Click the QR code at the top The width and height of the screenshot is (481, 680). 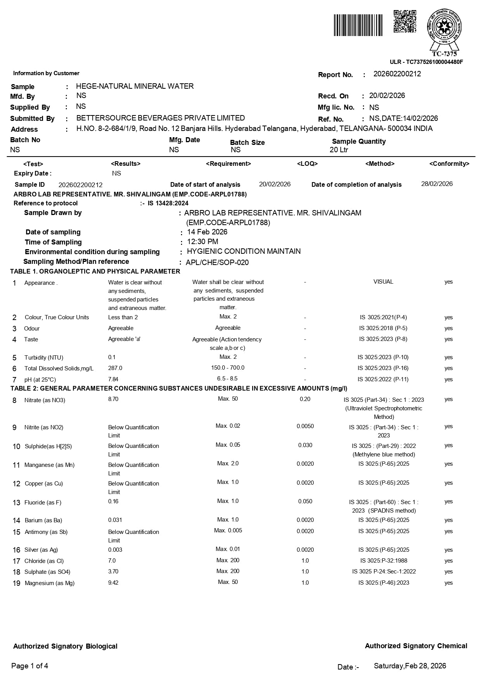tap(405, 22)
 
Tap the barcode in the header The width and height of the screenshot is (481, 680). tap(358, 25)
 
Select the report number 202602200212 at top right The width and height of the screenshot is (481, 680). tap(397, 74)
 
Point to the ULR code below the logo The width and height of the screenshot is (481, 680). tap(426, 62)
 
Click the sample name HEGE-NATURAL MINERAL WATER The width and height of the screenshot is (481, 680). tap(135, 86)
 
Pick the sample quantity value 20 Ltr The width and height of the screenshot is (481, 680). tap(339, 150)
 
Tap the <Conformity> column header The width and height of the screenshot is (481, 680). tap(449, 164)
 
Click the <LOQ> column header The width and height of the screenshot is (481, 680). tap(307, 164)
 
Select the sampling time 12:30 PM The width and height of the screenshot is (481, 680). tap(202, 242)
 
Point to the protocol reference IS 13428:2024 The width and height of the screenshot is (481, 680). tap(168, 203)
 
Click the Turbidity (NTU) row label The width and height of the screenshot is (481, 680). tap(43, 358)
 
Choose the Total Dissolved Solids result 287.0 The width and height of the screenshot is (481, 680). tap(115, 368)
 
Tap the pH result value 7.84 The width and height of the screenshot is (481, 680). tap(113, 379)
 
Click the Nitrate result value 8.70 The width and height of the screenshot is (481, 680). tap(113, 399)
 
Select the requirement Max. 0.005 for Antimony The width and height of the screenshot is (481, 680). tap(228, 530)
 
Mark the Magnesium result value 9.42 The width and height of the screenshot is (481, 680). tap(113, 583)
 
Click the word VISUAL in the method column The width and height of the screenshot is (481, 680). tap(383, 282)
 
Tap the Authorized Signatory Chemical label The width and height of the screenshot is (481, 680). tap(416, 646)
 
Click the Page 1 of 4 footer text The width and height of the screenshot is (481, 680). tap(30, 666)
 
